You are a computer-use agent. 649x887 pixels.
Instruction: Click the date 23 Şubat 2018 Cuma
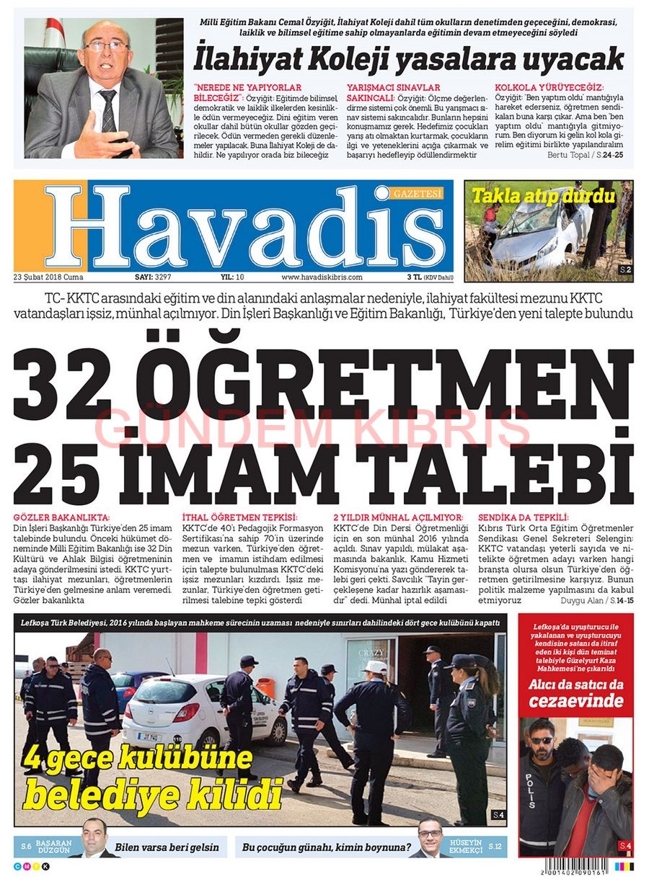click(48, 277)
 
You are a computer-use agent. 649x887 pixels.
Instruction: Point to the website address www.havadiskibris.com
click(322, 277)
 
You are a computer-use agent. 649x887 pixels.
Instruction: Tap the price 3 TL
click(414, 277)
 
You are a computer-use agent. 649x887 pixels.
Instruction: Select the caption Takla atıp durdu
click(543, 195)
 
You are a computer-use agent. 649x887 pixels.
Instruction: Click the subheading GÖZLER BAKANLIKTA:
click(63, 517)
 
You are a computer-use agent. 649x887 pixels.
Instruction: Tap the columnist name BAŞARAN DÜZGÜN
click(53, 846)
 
